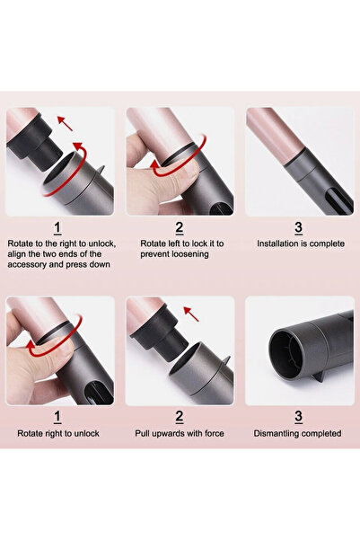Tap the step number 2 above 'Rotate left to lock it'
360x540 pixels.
180,228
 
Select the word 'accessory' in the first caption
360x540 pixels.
32,265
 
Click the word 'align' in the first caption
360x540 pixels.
20,254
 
